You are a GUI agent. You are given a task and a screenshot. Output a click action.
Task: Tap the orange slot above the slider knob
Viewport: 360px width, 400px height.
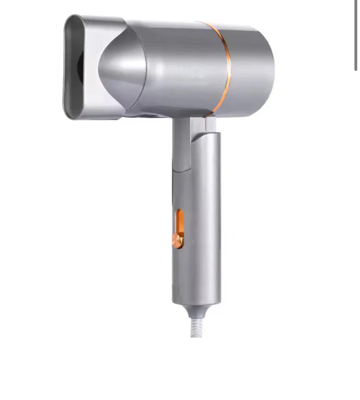point(180,220)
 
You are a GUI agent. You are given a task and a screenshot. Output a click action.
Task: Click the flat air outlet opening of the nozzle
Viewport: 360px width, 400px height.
point(74,67)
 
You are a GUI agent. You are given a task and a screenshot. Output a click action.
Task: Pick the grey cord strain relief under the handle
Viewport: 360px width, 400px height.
point(196,311)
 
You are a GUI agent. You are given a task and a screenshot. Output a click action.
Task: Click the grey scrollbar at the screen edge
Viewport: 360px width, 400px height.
point(356,34)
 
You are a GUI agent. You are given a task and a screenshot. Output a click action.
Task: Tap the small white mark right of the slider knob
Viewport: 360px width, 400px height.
point(193,242)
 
